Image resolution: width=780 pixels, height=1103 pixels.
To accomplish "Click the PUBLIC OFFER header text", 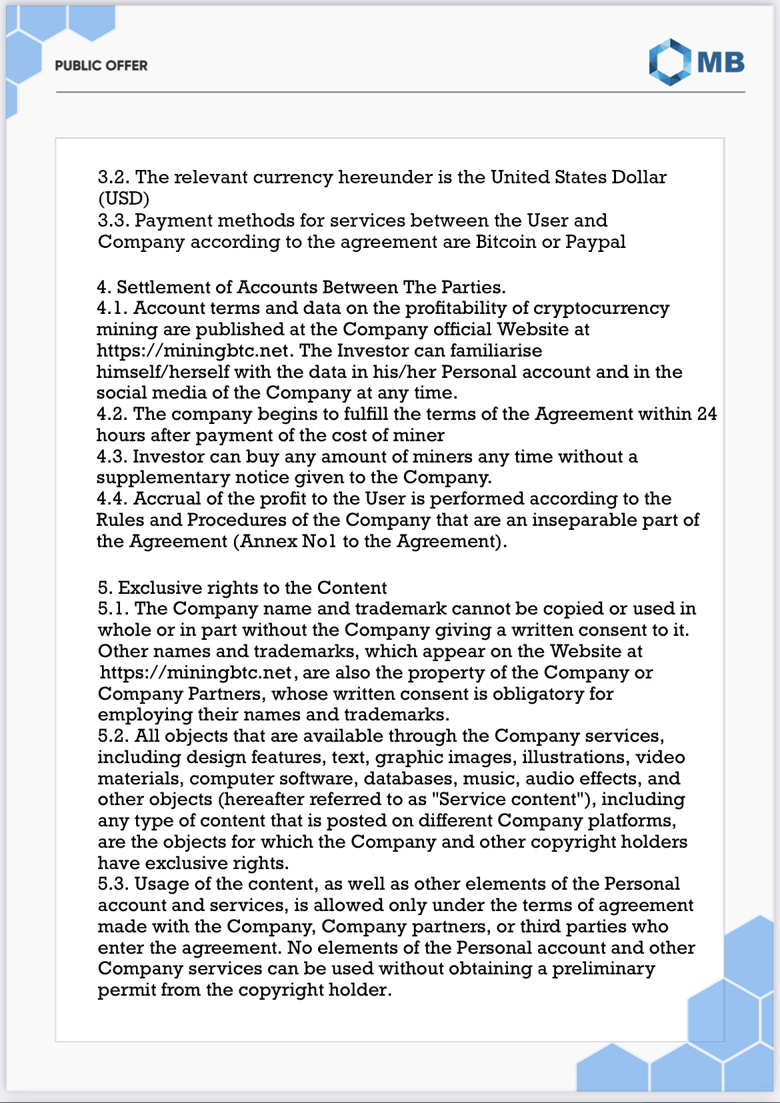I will pyautogui.click(x=101, y=65).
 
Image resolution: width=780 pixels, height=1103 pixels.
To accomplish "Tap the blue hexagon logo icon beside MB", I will pyautogui.click(x=669, y=62).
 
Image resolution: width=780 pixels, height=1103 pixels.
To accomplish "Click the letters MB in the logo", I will pyautogui.click(x=721, y=63).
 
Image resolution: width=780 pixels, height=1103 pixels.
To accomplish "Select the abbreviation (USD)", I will pyautogui.click(x=124, y=199).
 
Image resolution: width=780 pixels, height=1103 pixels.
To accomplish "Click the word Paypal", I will pyautogui.click(x=595, y=241).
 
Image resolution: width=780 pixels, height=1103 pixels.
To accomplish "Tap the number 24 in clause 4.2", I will pyautogui.click(x=707, y=414).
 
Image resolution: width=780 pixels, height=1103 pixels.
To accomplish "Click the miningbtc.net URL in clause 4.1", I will pyautogui.click(x=193, y=351).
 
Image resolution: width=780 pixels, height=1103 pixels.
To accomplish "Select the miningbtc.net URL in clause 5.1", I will pyautogui.click(x=196, y=672).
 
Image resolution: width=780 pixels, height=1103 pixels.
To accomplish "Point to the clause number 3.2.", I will pyautogui.click(x=113, y=177).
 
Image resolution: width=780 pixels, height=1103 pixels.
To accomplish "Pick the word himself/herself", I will pyautogui.click(x=163, y=372).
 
